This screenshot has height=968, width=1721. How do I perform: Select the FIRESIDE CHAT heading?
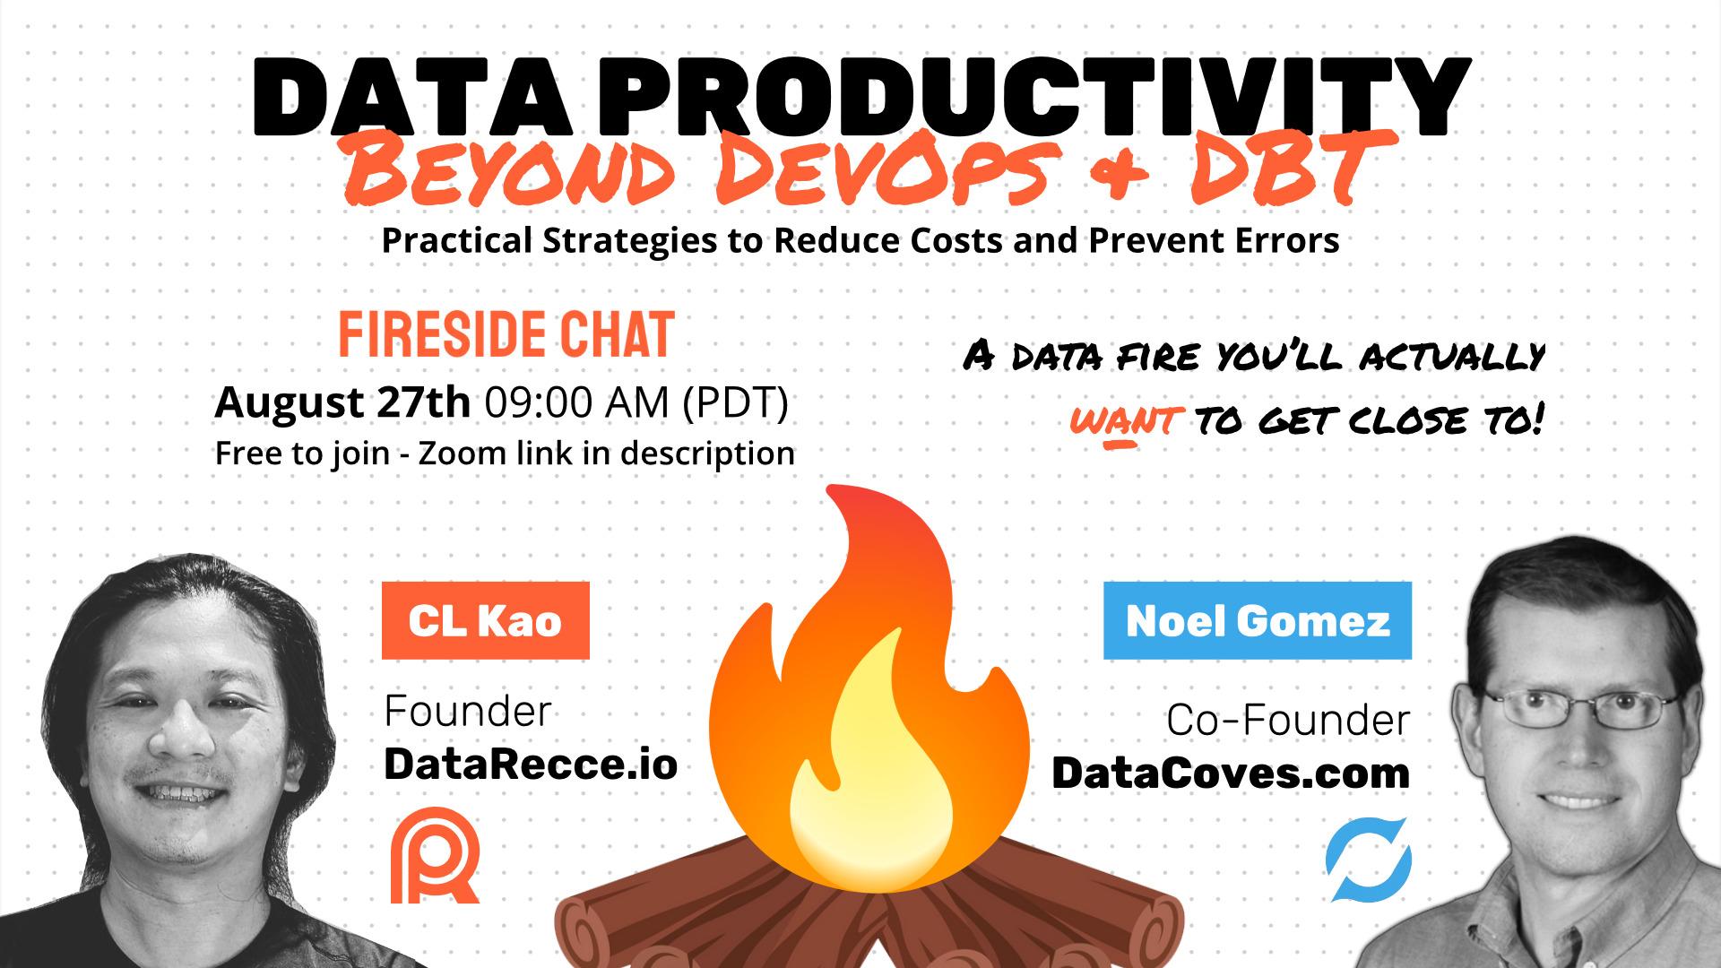506,335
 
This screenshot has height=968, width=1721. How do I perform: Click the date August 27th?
342,402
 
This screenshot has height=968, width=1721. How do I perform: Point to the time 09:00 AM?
577,403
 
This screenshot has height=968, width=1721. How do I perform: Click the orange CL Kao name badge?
485,620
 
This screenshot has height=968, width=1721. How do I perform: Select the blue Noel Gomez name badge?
1258,620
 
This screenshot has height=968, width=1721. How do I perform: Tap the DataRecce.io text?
531,765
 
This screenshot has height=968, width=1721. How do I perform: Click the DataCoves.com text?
1231,773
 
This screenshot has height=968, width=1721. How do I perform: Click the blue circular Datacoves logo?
1368,859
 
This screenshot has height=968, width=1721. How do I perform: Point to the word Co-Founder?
1288,721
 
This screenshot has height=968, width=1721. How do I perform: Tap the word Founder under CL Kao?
467,712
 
